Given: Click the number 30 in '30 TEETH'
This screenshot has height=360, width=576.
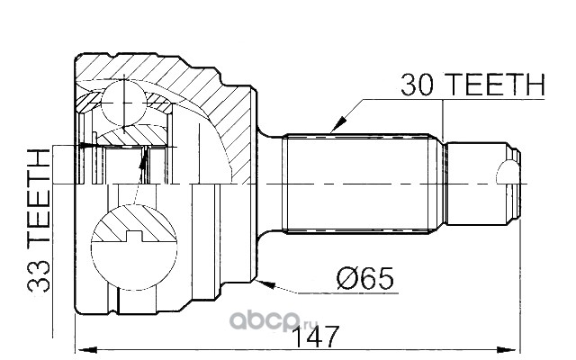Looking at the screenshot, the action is (418, 85).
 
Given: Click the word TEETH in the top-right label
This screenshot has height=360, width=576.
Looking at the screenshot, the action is (496, 85).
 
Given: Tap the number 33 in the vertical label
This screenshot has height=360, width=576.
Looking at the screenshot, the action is (39, 275).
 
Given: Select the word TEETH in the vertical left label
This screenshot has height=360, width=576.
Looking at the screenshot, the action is (39, 196).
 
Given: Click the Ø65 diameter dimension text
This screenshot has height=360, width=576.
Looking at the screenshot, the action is (365, 278).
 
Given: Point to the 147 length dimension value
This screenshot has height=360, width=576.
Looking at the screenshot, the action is (317, 337).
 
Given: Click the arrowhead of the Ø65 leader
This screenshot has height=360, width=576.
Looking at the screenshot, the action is (266, 284).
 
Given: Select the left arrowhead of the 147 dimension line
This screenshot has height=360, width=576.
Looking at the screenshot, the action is (85, 350).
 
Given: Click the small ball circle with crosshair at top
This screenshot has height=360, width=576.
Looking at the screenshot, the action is (124, 103).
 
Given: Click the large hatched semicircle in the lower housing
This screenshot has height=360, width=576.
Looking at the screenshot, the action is (134, 223).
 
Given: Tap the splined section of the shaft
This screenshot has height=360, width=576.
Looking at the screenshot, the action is (358, 184).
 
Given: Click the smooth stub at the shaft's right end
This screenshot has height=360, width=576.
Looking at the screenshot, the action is (478, 184).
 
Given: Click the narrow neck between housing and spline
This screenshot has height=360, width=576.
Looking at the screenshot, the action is (270, 184).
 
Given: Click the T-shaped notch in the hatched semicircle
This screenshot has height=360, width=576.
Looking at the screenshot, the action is (134, 236).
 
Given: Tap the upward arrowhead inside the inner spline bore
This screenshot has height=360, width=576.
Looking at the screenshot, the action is (144, 158).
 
